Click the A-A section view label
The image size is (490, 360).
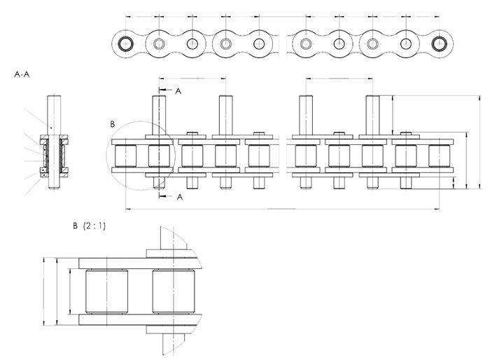(x=22, y=73)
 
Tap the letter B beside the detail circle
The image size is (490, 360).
(x=113, y=124)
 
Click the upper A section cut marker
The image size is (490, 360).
(x=178, y=91)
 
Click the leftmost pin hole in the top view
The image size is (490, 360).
(x=126, y=43)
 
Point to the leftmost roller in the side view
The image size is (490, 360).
(x=126, y=156)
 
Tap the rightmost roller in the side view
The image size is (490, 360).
(x=439, y=156)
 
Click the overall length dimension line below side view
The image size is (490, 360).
(x=280, y=208)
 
